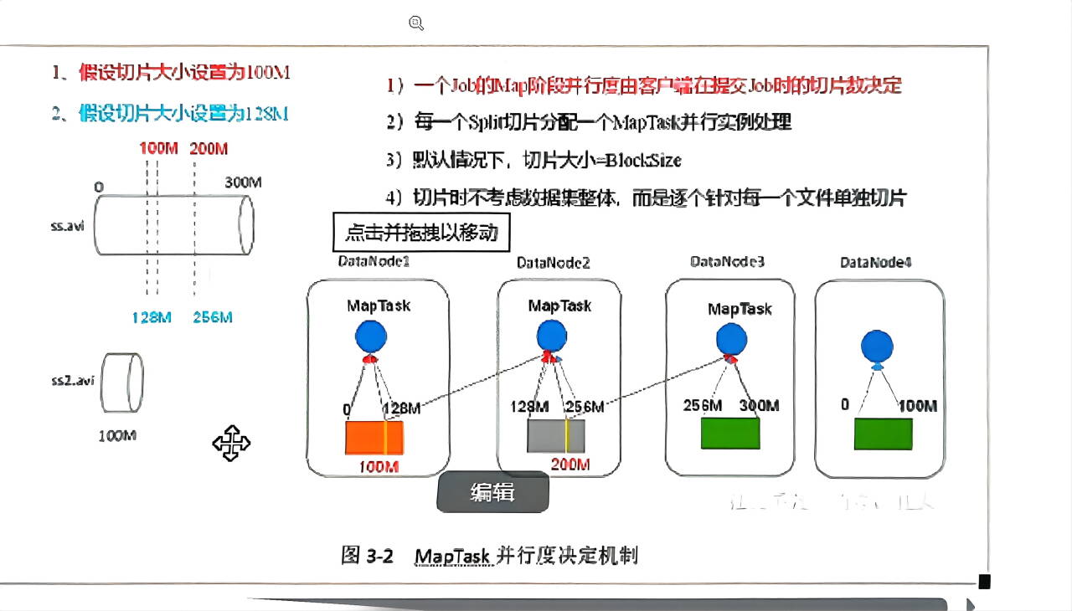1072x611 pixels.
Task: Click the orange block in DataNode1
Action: coord(374,437)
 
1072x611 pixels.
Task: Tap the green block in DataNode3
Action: coord(730,434)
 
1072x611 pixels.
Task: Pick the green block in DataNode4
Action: coord(883,434)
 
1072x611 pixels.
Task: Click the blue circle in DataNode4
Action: coord(877,347)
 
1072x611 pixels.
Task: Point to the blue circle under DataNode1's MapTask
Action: coord(371,336)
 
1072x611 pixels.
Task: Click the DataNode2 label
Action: coord(554,263)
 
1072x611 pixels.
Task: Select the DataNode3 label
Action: coord(727,262)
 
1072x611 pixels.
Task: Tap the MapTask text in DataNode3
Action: coord(740,309)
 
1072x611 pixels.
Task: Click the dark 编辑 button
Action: coord(492,492)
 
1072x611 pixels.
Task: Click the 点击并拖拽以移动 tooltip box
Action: coord(421,233)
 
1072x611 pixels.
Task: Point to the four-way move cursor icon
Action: coord(231,443)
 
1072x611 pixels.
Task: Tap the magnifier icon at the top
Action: coord(416,23)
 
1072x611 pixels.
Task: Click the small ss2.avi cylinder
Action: coord(123,384)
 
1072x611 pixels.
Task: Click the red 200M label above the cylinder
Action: coord(209,149)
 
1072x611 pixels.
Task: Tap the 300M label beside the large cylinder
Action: coord(244,182)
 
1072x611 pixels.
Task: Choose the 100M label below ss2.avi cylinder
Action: coord(117,436)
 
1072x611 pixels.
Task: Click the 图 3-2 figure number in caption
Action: coord(367,556)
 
